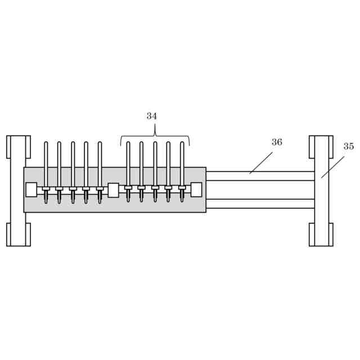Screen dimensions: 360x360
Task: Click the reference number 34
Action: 152,116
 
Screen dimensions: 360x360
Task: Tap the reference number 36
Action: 277,142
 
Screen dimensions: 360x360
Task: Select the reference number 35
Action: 349,146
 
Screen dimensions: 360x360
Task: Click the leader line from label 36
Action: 261,163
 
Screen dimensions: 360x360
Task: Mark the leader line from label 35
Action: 333,167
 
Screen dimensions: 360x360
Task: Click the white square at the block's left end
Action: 31,190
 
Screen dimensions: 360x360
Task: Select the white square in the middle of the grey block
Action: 114,190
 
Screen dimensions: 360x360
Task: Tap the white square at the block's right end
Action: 196,190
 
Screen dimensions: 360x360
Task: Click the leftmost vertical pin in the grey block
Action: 46,172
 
